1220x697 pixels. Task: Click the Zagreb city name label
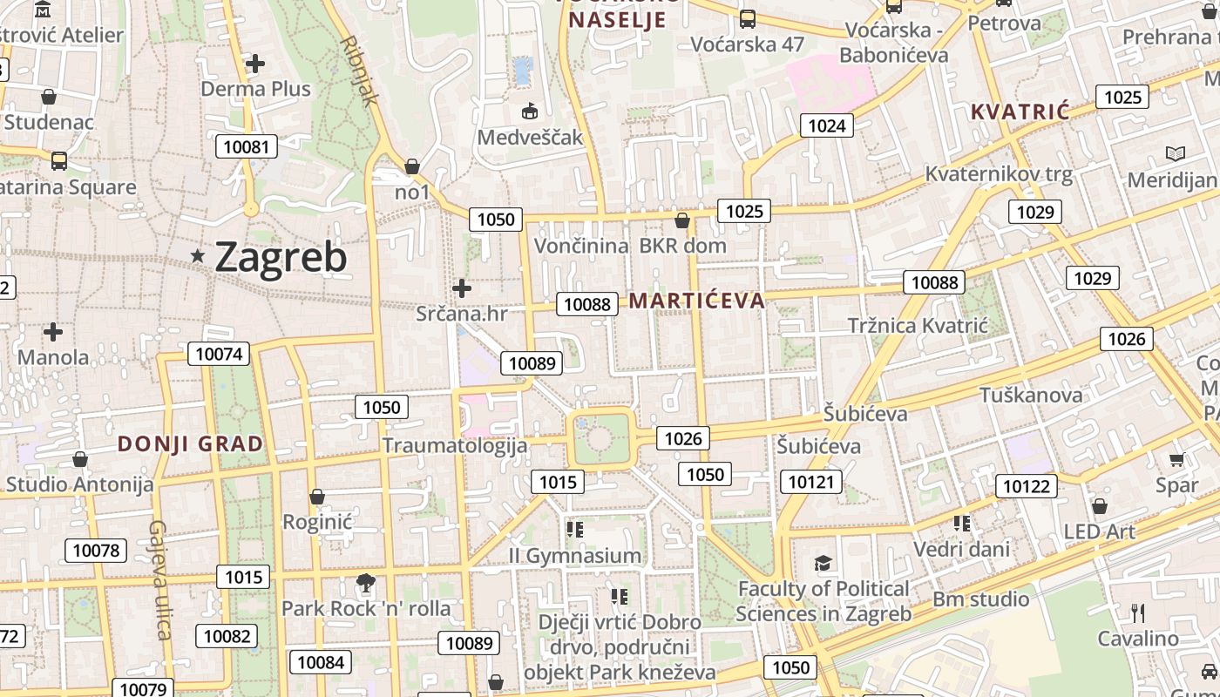pyautogui.click(x=281, y=257)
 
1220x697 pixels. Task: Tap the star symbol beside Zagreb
pyautogui.click(x=198, y=256)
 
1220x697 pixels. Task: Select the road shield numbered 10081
pyautogui.click(x=247, y=146)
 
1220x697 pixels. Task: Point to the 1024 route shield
pyautogui.click(x=826, y=125)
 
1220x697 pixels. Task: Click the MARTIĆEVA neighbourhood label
pyautogui.click(x=696, y=301)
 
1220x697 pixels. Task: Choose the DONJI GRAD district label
pyautogui.click(x=190, y=444)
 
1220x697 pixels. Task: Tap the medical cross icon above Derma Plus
pyautogui.click(x=255, y=64)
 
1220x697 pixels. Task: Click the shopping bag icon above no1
pyautogui.click(x=412, y=166)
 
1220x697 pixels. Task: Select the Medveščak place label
pyautogui.click(x=530, y=138)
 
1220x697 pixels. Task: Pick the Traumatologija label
pyautogui.click(x=455, y=446)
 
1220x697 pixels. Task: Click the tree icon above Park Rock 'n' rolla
pyautogui.click(x=366, y=582)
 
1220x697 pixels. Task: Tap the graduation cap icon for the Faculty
pyautogui.click(x=823, y=563)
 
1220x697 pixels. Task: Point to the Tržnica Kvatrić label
pyautogui.click(x=918, y=326)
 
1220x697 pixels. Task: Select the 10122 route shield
pyautogui.click(x=1026, y=486)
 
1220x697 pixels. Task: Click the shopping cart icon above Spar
pyautogui.click(x=1177, y=459)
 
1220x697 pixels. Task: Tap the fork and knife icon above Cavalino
pyautogui.click(x=1137, y=612)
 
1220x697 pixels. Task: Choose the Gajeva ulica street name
pyautogui.click(x=159, y=579)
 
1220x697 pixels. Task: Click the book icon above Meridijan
pyautogui.click(x=1176, y=154)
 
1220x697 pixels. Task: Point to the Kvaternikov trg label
pyautogui.click(x=999, y=173)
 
